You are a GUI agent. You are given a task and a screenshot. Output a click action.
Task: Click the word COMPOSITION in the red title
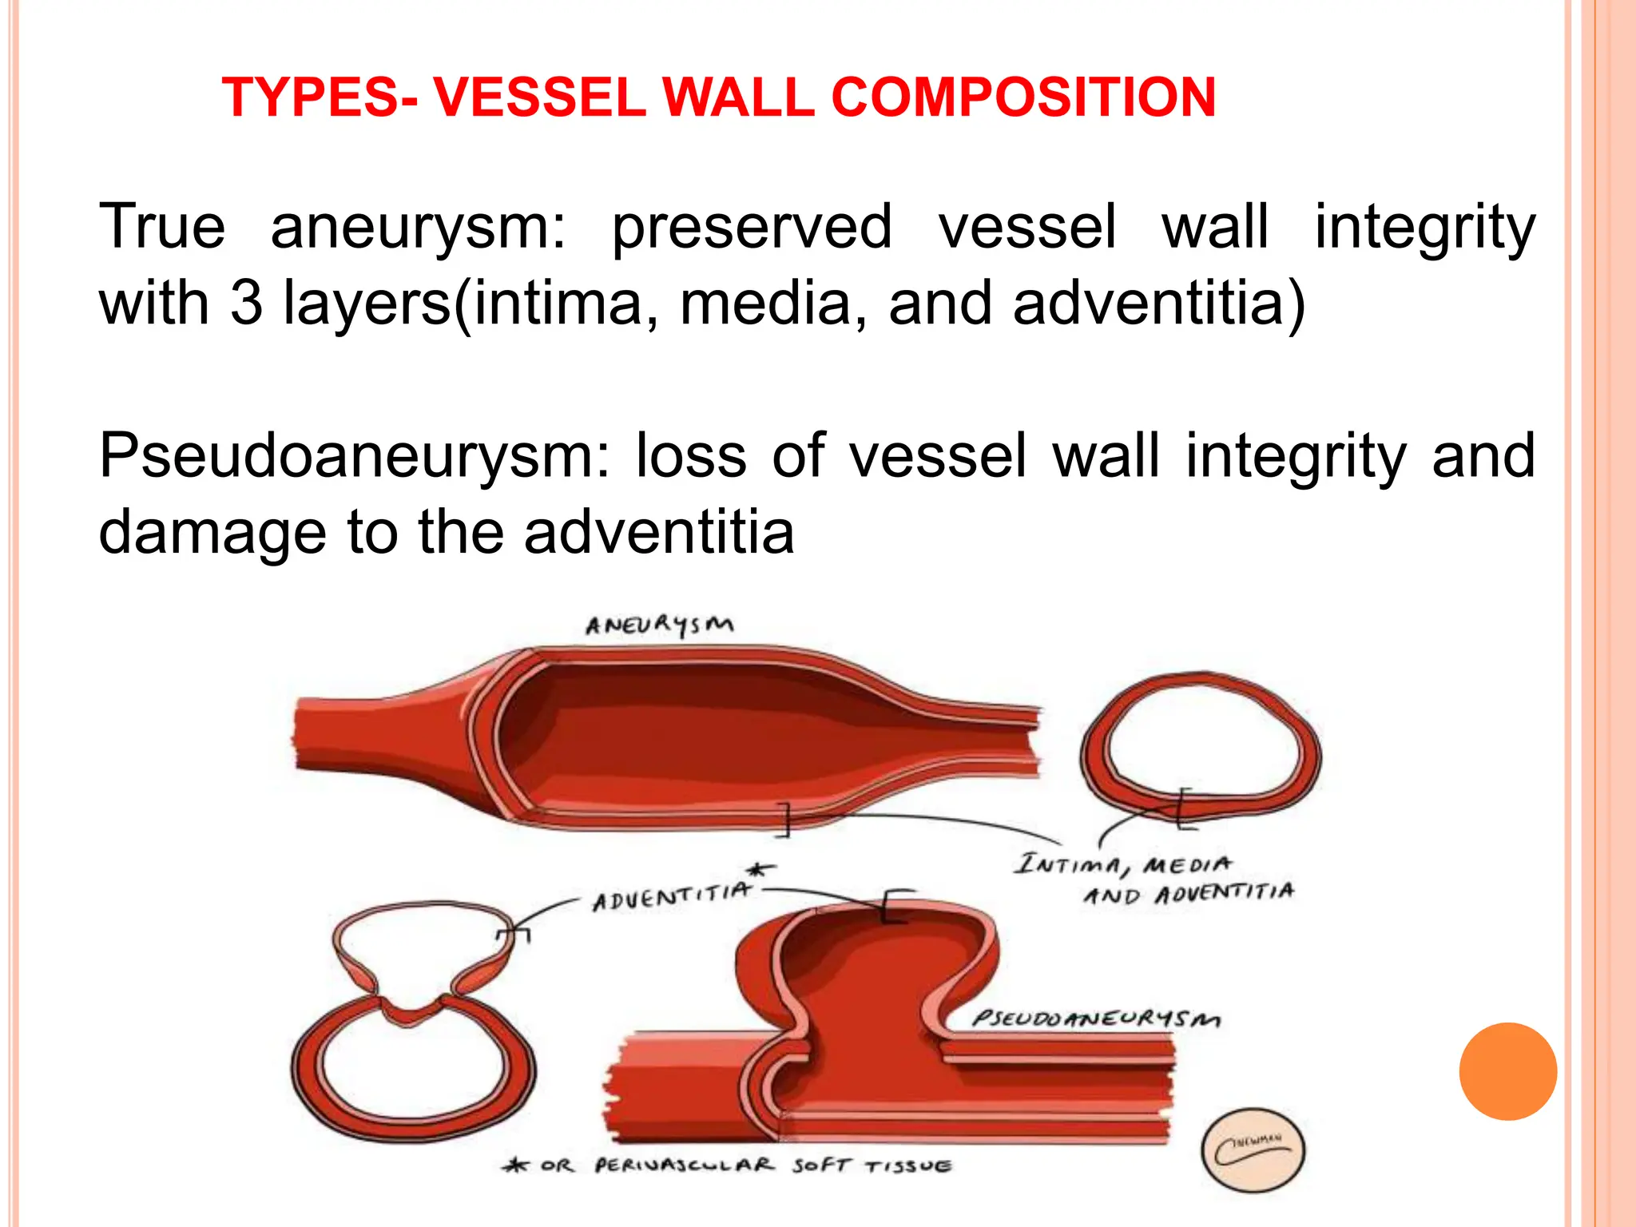pos(1023,97)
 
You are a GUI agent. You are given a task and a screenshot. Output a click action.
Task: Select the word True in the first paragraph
pos(162,227)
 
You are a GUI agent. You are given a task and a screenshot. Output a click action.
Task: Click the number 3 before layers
pos(246,304)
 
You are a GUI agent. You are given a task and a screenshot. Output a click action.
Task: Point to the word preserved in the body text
pos(752,227)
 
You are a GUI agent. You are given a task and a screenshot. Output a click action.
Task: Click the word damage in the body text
pos(212,534)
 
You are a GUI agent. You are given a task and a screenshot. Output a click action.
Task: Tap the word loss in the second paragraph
pos(691,456)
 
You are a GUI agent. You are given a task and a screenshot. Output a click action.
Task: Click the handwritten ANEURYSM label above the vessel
pos(659,625)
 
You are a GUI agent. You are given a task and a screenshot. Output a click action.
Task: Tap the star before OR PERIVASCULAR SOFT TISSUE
pos(515,1165)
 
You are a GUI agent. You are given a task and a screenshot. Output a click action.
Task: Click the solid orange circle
pos(1507,1071)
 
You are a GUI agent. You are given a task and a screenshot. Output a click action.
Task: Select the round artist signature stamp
pos(1253,1151)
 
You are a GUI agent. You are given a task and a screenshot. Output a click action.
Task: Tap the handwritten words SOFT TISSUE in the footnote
pos(872,1165)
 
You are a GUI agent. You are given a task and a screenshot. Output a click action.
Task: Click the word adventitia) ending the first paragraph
pos(1159,304)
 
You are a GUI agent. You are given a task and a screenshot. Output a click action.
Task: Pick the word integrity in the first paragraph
pos(1424,227)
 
